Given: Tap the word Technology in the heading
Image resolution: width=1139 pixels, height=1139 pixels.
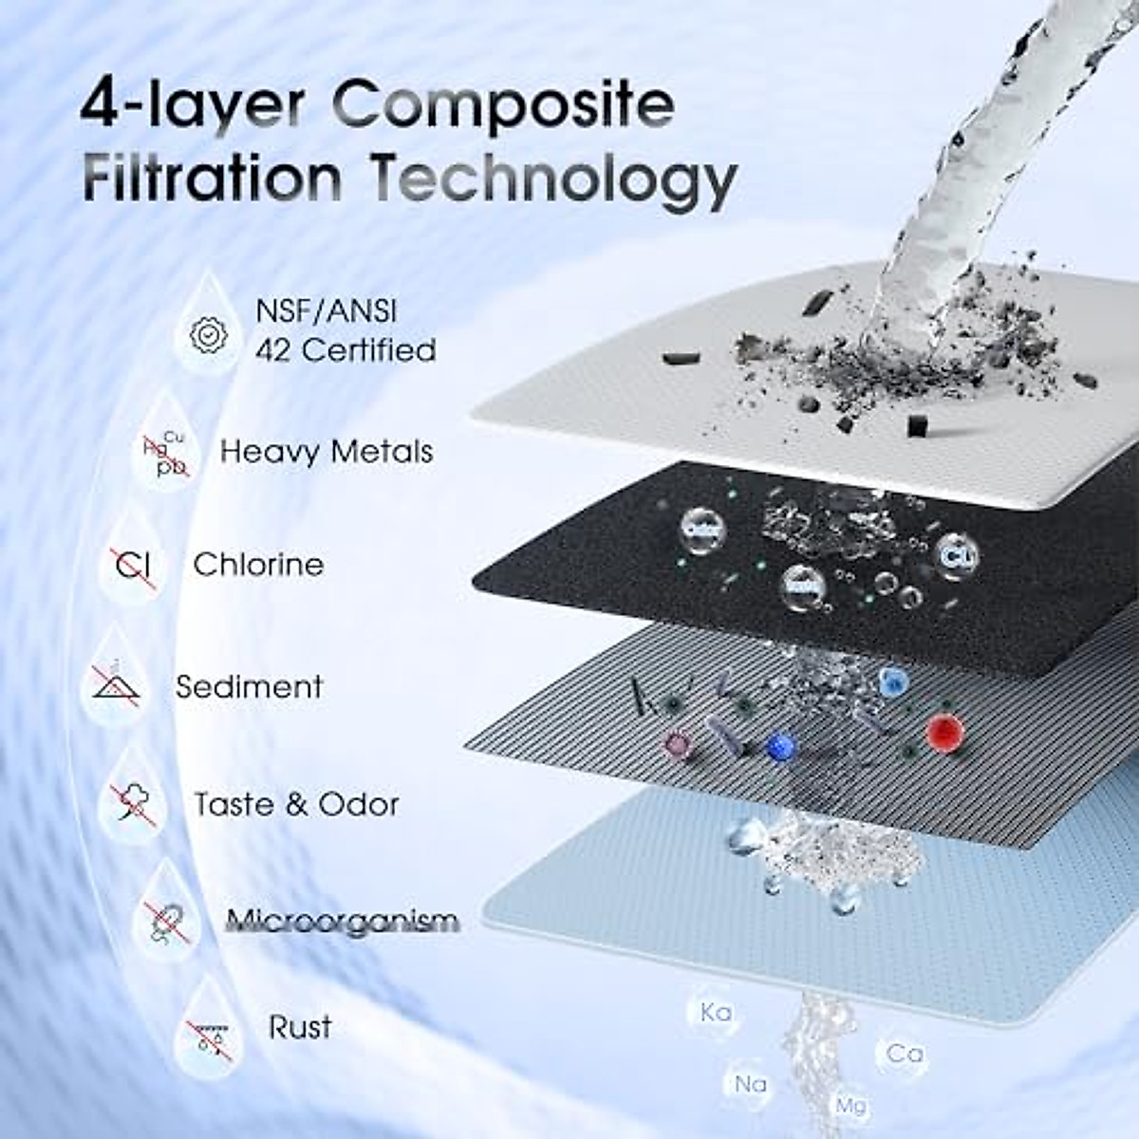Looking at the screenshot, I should pos(552,178).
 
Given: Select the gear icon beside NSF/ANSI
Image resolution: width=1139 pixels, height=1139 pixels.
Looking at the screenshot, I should pos(208,334).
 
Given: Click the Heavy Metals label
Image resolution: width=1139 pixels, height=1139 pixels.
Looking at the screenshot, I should pos(327,451).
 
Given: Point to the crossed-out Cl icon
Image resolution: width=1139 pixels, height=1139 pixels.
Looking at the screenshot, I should pos(135,566).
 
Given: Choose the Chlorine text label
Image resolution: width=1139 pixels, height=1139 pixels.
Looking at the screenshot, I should pos(258,565).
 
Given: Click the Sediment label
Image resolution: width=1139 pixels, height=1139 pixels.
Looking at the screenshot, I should pos(249,686).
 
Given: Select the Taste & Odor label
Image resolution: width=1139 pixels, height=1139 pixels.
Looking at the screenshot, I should pos(296,805).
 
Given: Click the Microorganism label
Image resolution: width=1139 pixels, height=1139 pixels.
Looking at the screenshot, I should pos(343,921).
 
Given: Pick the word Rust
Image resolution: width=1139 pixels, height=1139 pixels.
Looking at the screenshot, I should pos(300,1027).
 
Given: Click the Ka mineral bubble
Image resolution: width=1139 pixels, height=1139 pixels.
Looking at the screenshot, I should pos(716,1013).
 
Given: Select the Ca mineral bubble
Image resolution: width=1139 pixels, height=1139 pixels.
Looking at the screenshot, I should pos(905,1054).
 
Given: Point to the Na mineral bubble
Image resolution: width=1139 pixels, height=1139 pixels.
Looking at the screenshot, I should pos(750,1084).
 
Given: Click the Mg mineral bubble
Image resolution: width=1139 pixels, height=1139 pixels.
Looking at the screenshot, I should pos(850,1106).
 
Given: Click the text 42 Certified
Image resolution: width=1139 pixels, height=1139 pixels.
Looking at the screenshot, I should pos(345,350).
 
